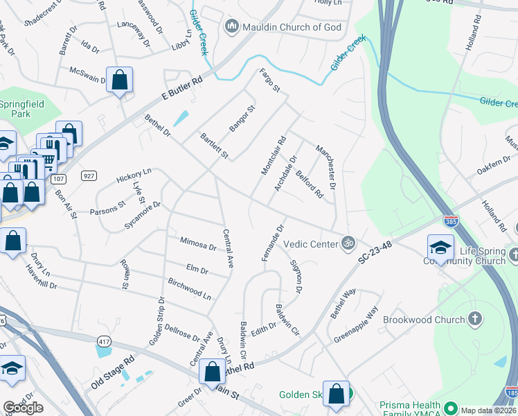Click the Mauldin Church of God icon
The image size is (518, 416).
coord(231,27)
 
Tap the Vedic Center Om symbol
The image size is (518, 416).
coord(349,243)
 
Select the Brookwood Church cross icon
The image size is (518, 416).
coord(474,319)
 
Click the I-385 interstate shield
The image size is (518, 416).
coord(450,220)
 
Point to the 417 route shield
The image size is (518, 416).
coord(105,342)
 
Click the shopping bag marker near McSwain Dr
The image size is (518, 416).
coord(119,80)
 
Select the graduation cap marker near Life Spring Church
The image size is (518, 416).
coord(440,247)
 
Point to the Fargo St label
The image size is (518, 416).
coord(269,80)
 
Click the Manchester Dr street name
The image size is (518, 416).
coord(325,168)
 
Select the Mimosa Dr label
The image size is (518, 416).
coord(198,244)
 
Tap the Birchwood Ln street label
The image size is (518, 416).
coord(189,288)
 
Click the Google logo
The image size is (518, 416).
coord(23,408)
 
